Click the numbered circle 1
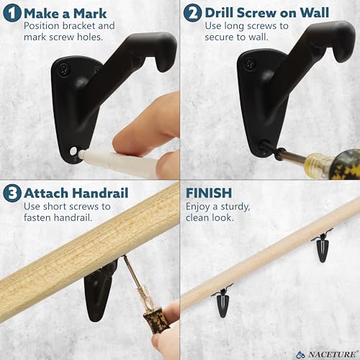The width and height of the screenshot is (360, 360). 12,13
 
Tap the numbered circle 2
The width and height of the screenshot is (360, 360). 192,13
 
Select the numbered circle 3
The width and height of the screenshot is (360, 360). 12,193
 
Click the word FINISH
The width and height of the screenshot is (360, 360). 209,193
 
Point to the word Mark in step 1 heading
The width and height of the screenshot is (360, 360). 90,14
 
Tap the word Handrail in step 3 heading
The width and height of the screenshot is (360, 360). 100,193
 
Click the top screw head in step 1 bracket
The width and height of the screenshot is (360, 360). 64,70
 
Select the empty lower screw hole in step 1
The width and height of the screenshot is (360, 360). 73,151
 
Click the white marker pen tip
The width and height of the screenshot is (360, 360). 81,153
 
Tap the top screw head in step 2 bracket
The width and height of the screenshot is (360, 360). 249,64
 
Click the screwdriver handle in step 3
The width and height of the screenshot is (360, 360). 154,320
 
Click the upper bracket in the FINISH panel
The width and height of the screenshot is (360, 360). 322,246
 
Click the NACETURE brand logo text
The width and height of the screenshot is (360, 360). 332,354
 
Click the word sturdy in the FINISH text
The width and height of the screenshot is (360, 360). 235,207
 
